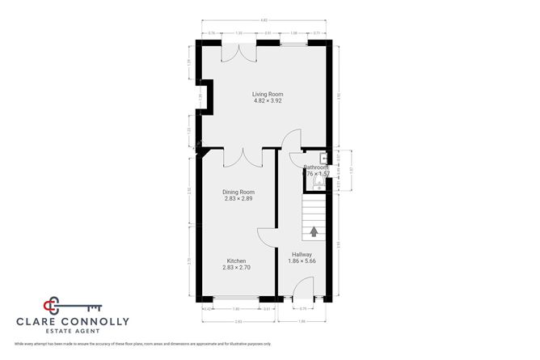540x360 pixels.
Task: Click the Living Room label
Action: [268, 94]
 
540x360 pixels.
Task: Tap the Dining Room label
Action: [239, 192]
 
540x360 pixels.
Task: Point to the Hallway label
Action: [300, 255]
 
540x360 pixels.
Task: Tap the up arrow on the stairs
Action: [313, 231]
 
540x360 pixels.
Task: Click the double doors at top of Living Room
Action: [240, 49]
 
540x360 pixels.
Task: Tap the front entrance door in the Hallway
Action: [303, 290]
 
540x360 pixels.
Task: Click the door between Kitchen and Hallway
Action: [268, 237]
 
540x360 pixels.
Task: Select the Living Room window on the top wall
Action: [293, 42]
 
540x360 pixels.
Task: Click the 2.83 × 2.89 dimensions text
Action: [239, 198]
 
